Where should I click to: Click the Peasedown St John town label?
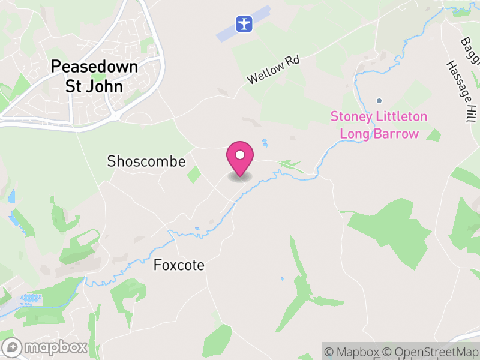click(94, 76)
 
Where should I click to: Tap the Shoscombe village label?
click(146, 161)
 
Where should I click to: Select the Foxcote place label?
click(179, 265)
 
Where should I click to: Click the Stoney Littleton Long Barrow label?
click(379, 125)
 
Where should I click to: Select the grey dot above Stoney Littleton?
click(379, 101)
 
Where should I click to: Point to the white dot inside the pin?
click(240, 155)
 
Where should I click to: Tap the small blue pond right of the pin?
click(265, 143)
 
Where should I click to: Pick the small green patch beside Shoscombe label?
click(194, 175)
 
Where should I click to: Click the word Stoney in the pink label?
click(352, 116)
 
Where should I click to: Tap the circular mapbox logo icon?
click(13, 347)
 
